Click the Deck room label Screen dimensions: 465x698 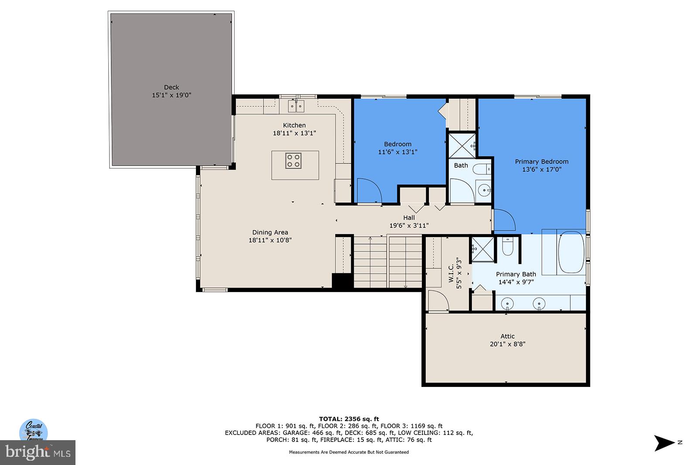(171, 87)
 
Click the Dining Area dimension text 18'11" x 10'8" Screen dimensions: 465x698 (270, 240)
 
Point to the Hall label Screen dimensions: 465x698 (409, 217)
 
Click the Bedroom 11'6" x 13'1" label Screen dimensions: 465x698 (397, 148)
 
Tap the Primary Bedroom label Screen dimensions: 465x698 (541, 161)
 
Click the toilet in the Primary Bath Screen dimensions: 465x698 (507, 247)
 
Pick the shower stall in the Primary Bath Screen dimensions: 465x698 (482, 249)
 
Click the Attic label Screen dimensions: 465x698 (507, 336)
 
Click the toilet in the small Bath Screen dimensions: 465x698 (482, 168)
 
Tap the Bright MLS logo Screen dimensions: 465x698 (38, 452)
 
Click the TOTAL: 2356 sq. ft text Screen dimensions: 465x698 (349, 419)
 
